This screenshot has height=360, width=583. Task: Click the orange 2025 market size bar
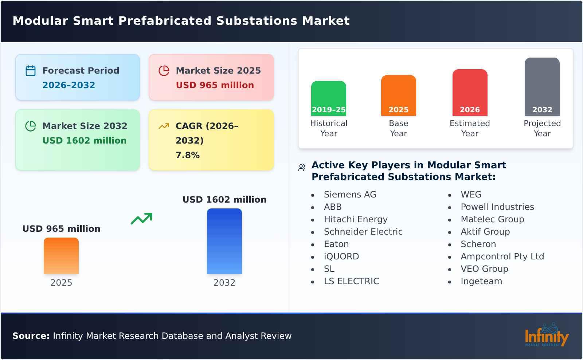pos(61,256)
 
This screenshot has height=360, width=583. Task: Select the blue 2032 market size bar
pos(224,241)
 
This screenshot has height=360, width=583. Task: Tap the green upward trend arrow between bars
pos(141,219)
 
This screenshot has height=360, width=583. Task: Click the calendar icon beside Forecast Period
pos(31,71)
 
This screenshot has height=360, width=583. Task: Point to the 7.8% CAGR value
pos(187,155)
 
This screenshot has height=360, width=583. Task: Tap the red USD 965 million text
pos(215,85)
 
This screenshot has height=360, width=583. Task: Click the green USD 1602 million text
pos(84,141)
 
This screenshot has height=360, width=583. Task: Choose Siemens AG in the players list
pos(350,195)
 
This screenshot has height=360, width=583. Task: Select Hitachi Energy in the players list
pos(356,219)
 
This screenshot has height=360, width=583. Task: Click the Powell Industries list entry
pos(497,207)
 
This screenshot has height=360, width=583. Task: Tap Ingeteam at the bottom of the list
pos(481,281)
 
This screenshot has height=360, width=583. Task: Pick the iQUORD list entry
pos(341,257)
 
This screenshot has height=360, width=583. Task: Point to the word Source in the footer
pos(31,336)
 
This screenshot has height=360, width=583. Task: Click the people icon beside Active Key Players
pos(302,168)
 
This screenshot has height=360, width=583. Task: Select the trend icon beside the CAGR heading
pos(164,126)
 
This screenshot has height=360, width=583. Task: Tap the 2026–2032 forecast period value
pos(69,85)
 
